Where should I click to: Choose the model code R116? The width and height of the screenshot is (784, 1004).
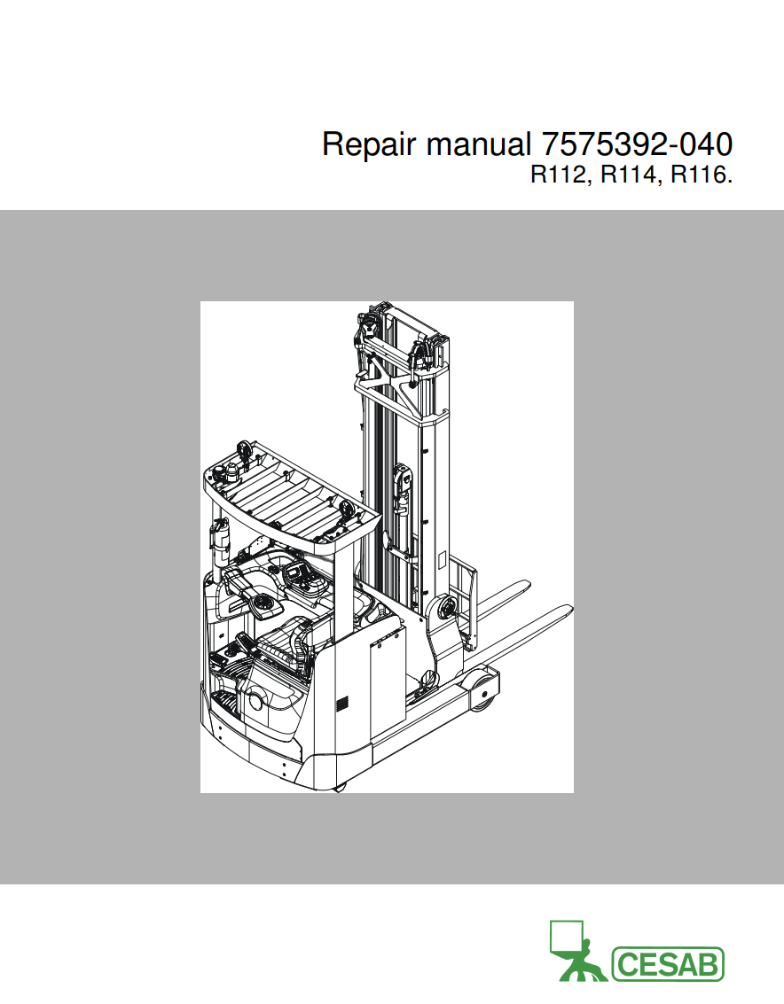(x=700, y=175)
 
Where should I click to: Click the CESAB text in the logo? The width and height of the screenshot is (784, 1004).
(x=668, y=964)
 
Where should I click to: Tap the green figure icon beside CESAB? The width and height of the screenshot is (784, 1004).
(x=576, y=952)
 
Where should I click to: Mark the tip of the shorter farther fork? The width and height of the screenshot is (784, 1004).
(x=525, y=584)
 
